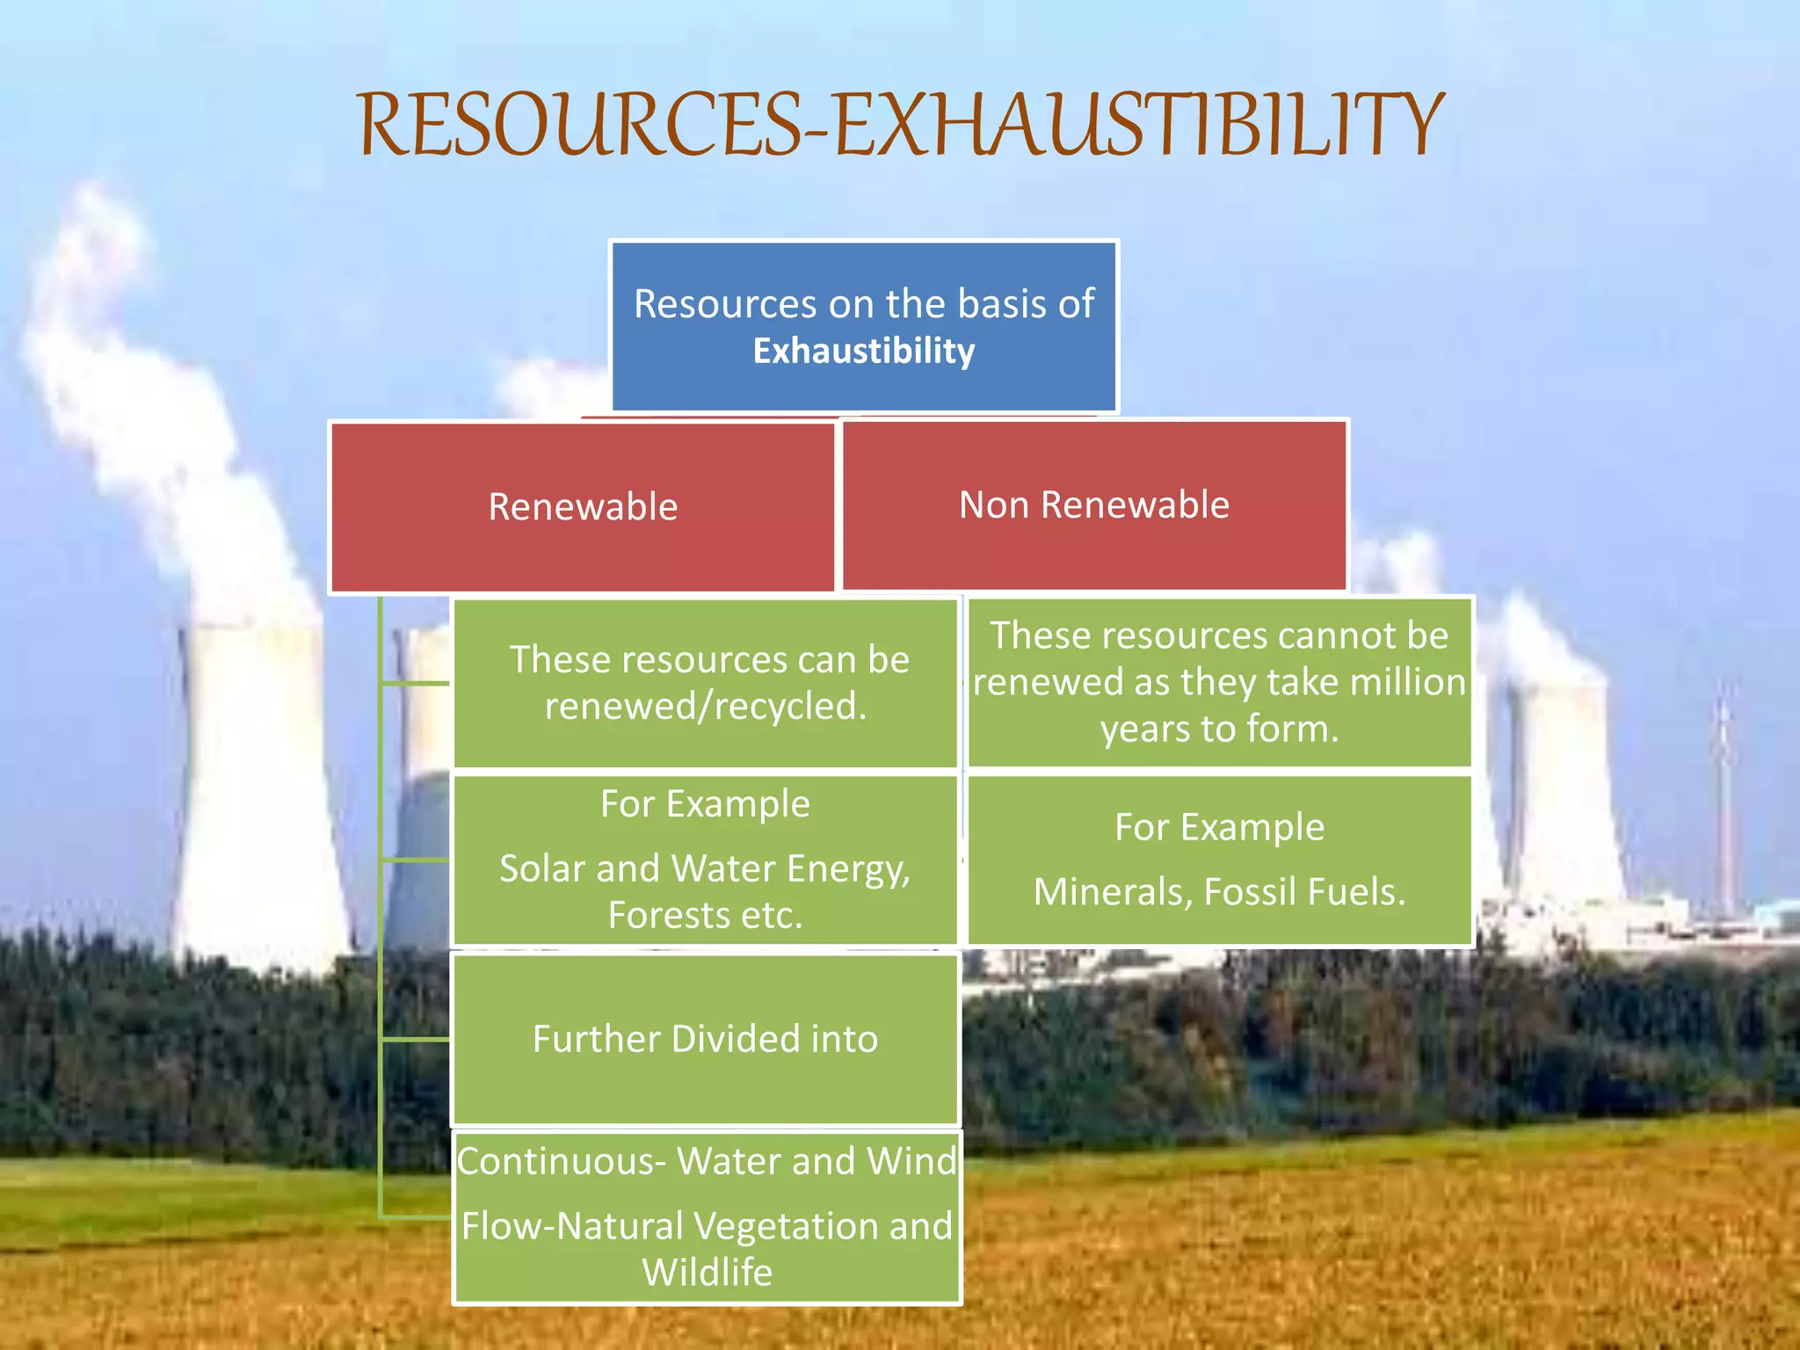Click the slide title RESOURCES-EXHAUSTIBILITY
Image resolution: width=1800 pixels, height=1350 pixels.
click(900, 125)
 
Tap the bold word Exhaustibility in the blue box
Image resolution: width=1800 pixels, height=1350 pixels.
click(864, 351)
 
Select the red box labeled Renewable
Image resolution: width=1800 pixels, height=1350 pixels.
click(583, 507)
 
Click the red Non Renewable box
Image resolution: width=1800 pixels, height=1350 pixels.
click(1094, 505)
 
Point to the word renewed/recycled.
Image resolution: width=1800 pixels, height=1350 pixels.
click(706, 706)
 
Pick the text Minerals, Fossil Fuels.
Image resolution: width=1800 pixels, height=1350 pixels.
click(1219, 891)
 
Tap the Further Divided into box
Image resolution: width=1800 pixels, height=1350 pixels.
click(705, 1039)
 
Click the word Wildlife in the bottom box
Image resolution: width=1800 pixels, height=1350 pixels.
click(707, 1272)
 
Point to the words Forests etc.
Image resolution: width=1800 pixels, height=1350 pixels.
click(705, 915)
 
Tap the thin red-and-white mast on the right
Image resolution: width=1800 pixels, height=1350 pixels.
click(1724, 809)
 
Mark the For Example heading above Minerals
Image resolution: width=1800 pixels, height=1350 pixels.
click(1219, 827)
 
